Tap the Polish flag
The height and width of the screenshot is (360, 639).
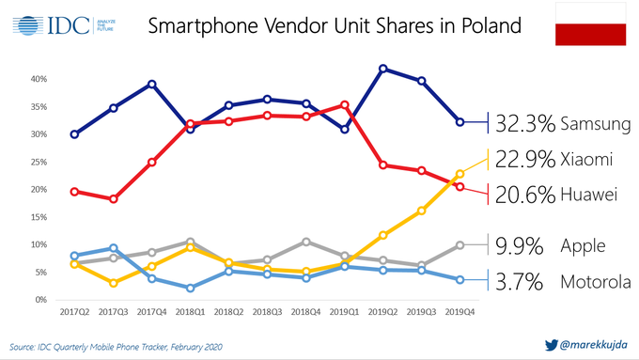[591, 24]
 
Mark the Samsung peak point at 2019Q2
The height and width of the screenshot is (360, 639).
[383, 69]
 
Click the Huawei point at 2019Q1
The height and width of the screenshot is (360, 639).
[344, 104]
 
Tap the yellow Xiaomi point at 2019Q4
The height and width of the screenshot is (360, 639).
[460, 174]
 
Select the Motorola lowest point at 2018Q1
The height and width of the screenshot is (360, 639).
[191, 288]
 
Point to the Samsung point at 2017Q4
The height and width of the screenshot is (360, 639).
[152, 84]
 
